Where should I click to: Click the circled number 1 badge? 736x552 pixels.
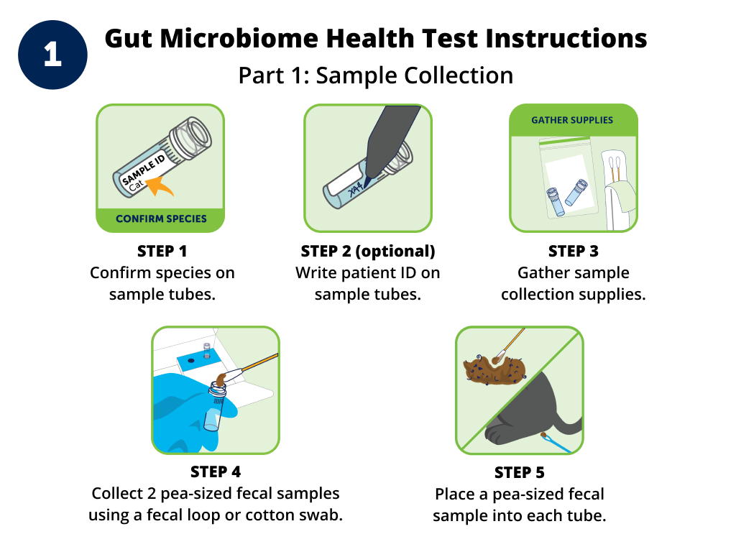(52, 55)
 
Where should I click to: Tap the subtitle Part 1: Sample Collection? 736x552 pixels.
(375, 75)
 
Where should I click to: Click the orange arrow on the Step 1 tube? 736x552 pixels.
(161, 187)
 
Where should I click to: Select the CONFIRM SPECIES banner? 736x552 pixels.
(160, 218)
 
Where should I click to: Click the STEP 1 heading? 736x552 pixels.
(162, 252)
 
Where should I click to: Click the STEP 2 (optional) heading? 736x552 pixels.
(368, 252)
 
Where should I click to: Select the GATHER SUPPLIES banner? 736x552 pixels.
(572, 120)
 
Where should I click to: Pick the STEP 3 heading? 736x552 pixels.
(573, 252)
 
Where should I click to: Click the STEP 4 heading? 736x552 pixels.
(215, 472)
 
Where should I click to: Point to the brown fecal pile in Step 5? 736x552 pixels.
(496, 367)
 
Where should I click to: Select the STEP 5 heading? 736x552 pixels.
(519, 473)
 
